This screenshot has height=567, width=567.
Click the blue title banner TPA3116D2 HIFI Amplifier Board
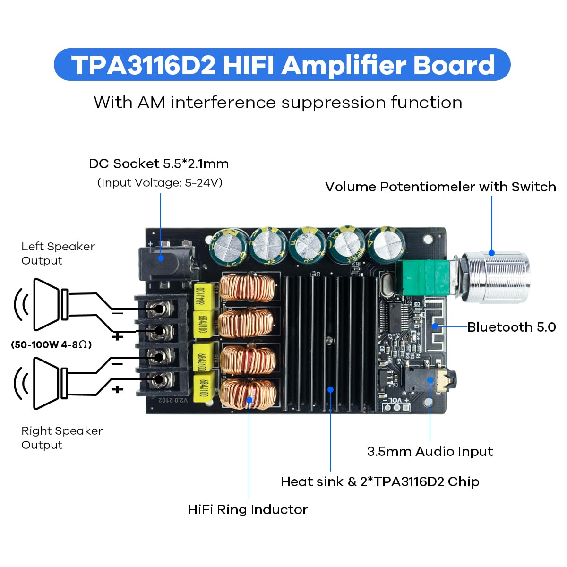[283, 65]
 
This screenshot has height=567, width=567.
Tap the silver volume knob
[496, 276]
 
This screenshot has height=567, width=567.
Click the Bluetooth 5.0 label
[511, 327]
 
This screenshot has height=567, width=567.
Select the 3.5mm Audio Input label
[430, 451]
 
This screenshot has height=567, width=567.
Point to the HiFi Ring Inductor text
[248, 509]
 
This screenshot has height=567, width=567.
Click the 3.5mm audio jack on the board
[425, 378]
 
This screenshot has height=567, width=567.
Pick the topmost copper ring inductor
[247, 287]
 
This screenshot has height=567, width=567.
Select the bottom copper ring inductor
[247, 394]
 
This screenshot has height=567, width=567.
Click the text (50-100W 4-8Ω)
[51, 344]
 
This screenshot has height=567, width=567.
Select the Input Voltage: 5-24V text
[160, 182]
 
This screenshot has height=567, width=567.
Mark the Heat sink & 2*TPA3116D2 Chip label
[380, 481]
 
